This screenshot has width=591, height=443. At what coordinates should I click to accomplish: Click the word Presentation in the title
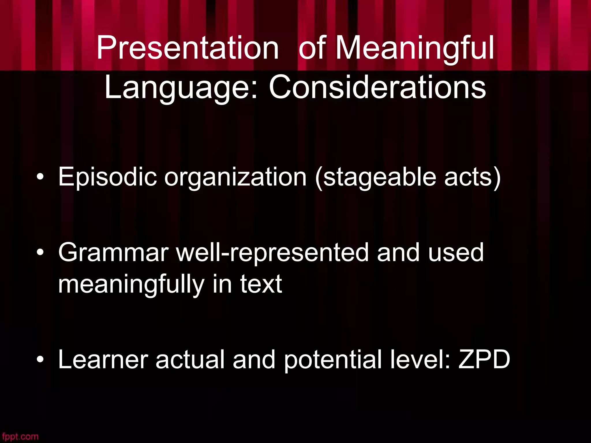coord(188,48)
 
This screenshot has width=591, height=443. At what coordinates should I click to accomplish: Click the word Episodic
coord(108,177)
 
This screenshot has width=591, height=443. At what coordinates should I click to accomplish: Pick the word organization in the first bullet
coord(235,177)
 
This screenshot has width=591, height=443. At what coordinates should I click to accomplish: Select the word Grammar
coord(113,253)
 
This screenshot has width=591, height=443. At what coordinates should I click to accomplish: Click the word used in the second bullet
coord(456,253)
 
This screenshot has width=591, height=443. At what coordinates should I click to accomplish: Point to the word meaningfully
coord(131,285)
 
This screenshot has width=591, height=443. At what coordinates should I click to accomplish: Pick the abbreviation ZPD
coord(484,360)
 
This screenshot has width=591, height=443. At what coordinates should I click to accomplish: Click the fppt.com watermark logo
coord(20,436)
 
